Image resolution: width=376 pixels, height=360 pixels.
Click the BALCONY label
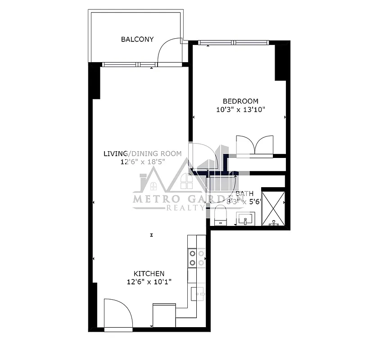coord(137,39)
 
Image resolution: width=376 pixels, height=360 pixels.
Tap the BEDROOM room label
coord(241,101)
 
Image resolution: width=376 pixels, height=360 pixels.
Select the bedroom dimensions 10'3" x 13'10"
coord(241,109)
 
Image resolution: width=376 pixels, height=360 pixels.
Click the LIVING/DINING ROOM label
coord(143,154)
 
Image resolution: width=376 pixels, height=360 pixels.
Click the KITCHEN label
coord(149,274)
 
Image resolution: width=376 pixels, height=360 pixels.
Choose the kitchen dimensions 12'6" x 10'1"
coord(149,282)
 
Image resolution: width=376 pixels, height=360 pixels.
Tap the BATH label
coord(245,194)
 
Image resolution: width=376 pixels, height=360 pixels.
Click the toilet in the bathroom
coord(221,215)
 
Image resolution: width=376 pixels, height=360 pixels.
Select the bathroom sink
coord(246,220)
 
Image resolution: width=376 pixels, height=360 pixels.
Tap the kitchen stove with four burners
coord(197,258)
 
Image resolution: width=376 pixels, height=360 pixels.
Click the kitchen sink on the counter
coord(197,293)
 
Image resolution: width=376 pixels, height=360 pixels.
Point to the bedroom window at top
coord(234,43)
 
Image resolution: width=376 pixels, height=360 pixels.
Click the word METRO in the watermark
coord(155,198)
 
